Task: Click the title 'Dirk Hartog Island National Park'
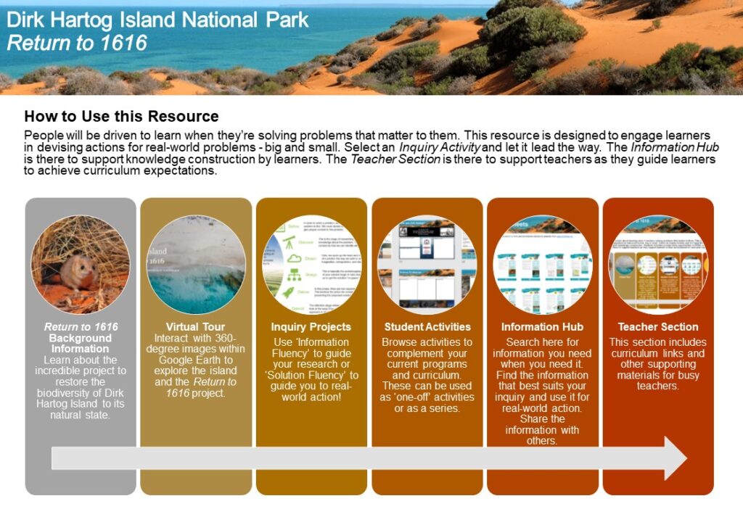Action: (157, 20)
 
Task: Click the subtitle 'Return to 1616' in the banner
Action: (77, 43)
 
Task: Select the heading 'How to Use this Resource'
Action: (121, 116)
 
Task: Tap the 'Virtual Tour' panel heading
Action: (195, 327)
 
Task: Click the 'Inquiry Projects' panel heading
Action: (311, 327)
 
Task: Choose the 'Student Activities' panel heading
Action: (427, 327)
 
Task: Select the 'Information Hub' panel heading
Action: (542, 327)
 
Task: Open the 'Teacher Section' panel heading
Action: (658, 327)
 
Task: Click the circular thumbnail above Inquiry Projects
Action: (311, 264)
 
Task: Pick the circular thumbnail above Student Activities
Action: (427, 264)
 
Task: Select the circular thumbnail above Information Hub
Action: (542, 264)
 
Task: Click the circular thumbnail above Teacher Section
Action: (657, 264)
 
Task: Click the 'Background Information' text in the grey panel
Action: (80, 343)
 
